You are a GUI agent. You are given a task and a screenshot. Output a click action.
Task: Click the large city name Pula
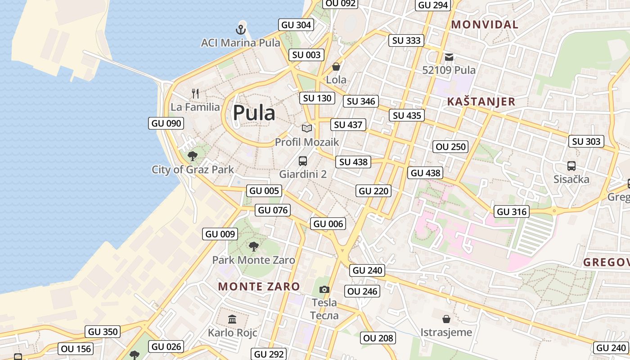click(x=254, y=112)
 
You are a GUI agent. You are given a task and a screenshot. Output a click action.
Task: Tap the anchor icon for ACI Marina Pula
click(x=241, y=30)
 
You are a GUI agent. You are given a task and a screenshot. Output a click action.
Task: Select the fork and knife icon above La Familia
click(x=195, y=94)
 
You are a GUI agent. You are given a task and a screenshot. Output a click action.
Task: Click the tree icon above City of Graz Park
click(x=193, y=156)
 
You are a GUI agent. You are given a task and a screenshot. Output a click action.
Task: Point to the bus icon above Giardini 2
click(x=303, y=161)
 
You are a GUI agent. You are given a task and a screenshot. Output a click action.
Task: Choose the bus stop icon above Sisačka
click(x=571, y=166)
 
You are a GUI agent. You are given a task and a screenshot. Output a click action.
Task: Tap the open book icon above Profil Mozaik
click(x=307, y=129)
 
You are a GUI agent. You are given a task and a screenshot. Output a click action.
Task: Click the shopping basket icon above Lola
click(x=336, y=67)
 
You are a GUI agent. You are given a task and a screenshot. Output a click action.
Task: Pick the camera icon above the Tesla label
click(x=324, y=289)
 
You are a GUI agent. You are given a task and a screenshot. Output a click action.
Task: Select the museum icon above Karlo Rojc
click(x=232, y=319)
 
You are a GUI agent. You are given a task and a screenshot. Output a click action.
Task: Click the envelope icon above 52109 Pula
click(x=449, y=57)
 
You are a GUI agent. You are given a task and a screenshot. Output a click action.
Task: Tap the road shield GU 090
click(x=166, y=123)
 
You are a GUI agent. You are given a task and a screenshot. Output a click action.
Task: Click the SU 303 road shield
click(x=586, y=141)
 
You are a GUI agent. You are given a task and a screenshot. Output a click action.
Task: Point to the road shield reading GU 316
click(x=512, y=211)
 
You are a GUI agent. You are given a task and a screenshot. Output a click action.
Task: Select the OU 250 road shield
click(x=451, y=147)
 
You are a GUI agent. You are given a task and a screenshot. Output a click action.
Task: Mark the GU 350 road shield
click(x=103, y=332)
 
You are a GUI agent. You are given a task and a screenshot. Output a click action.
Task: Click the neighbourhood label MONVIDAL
click(x=485, y=25)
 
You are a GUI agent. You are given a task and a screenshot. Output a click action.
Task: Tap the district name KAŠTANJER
click(x=481, y=102)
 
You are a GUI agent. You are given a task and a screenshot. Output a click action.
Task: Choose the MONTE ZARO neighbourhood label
click(x=259, y=287)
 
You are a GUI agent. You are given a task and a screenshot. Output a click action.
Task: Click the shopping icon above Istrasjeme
click(x=446, y=319)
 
